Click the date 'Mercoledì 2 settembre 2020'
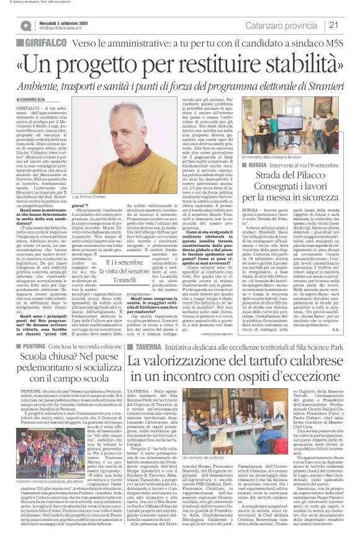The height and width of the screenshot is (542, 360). (x=60, y=22)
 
